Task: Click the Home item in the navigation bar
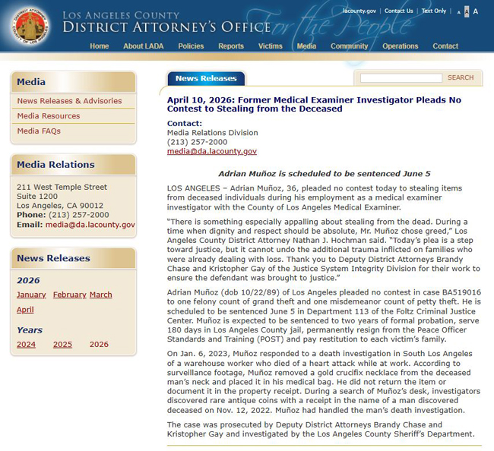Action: (99, 46)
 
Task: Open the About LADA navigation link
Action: (144, 46)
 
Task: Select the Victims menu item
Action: (270, 46)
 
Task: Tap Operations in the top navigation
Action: (400, 46)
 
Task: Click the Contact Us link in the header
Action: (399, 11)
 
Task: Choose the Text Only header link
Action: (434, 11)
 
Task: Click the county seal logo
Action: (30, 27)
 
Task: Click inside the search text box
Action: (401, 78)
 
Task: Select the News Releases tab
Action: (206, 79)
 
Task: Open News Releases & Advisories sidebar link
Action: (69, 101)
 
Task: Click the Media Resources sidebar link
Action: (49, 116)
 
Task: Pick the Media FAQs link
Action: (39, 131)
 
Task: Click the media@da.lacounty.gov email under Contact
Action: (212, 152)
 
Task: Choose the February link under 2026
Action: (69, 295)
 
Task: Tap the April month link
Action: (25, 310)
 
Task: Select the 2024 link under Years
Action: (26, 345)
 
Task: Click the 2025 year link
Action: (62, 345)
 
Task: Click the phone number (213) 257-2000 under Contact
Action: (197, 142)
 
